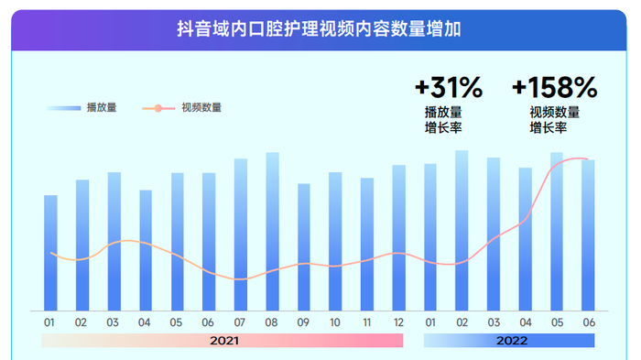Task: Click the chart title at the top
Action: tap(319, 29)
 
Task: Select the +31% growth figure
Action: tap(448, 88)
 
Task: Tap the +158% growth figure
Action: tap(554, 88)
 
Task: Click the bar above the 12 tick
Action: tap(398, 237)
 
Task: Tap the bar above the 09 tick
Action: tap(304, 246)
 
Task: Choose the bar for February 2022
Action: tap(462, 230)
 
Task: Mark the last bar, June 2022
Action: tap(588, 235)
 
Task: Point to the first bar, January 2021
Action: tap(50, 252)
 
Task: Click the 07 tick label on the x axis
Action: tap(240, 322)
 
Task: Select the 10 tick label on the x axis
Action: tap(335, 322)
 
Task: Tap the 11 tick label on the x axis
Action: tap(367, 322)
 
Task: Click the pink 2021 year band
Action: tap(222, 341)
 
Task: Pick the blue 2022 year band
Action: tap(509, 341)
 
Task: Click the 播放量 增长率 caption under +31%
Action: tap(443, 120)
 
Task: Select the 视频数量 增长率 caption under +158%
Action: tap(554, 120)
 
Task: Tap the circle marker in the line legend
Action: tap(159, 108)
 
